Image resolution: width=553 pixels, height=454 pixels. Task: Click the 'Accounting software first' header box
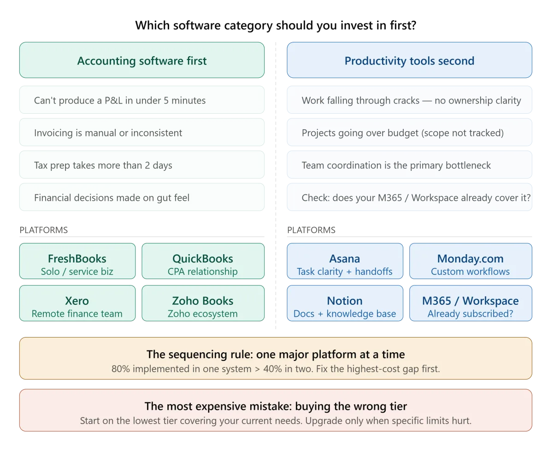point(141,60)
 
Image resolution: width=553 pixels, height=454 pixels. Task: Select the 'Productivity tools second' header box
point(409,60)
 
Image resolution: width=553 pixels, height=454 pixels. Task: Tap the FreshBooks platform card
point(77,261)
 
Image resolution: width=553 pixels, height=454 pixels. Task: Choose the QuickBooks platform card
point(203,261)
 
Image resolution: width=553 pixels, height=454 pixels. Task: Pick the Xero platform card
point(77,303)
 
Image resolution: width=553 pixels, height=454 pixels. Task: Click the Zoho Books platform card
point(203,303)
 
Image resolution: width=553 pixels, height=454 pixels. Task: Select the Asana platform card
point(345,261)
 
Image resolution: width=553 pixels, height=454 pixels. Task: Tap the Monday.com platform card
point(471,261)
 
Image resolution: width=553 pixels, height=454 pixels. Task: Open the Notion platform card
point(345,303)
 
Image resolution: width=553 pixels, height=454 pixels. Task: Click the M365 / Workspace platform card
point(471,303)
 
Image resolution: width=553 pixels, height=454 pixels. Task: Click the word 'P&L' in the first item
point(113,100)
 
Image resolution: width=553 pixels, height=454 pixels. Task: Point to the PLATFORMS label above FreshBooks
point(43,230)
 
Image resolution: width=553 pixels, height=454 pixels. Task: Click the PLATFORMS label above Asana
point(311,230)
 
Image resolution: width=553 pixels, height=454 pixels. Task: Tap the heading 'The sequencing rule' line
point(276,355)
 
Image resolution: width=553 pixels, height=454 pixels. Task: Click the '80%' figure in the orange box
point(121,369)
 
